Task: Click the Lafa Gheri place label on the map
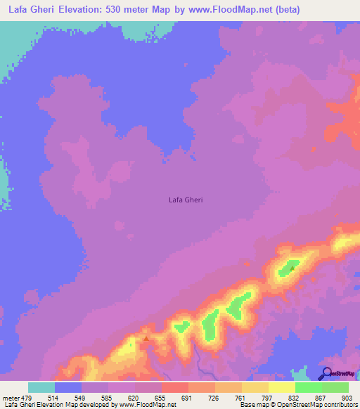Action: [x=186, y=200]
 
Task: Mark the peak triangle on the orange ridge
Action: [x=146, y=337]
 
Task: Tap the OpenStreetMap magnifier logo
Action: [x=326, y=374]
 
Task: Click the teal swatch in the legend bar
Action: [x=41, y=387]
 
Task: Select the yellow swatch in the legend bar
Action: [x=281, y=387]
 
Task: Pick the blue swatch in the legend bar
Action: [x=68, y=387]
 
